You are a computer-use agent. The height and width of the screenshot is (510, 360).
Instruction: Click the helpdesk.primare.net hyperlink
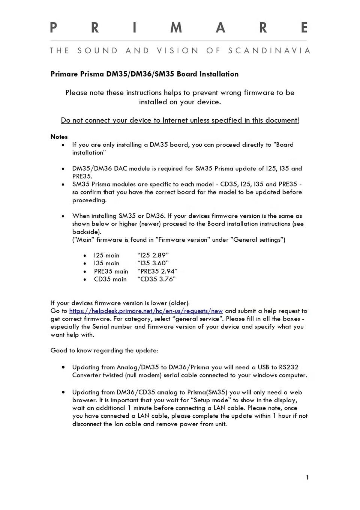(x=146, y=311)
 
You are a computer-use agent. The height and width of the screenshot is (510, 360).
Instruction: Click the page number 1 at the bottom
(x=307, y=477)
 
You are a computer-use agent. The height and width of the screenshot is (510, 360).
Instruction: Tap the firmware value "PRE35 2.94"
(x=157, y=271)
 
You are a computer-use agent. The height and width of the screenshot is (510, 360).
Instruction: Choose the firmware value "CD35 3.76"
(x=156, y=279)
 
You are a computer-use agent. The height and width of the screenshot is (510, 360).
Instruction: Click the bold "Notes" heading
(x=59, y=137)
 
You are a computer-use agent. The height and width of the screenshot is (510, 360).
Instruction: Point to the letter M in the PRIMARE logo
(x=176, y=28)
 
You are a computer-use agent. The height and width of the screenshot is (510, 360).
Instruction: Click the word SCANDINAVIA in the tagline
(x=269, y=51)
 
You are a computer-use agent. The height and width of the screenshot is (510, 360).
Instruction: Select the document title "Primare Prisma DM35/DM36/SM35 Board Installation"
(x=144, y=74)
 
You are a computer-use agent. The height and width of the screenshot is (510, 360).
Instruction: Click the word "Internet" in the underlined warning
(x=175, y=120)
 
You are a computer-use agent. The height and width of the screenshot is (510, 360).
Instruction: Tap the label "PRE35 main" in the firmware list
(x=111, y=271)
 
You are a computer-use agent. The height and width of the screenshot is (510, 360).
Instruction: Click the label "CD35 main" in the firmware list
(x=110, y=279)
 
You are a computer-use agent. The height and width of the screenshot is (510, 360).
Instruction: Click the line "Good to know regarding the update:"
(x=104, y=350)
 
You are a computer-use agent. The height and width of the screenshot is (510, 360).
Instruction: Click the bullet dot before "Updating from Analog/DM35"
(x=63, y=367)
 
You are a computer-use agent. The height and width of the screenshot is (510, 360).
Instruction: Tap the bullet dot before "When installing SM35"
(x=63, y=216)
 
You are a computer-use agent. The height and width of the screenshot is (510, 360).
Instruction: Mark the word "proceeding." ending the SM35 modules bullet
(x=89, y=200)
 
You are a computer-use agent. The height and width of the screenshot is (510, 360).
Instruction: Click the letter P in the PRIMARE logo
(x=53, y=28)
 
